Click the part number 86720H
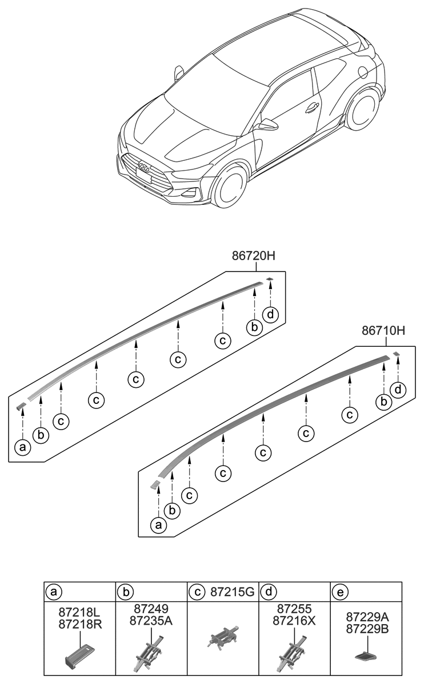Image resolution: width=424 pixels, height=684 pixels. pos(254,257)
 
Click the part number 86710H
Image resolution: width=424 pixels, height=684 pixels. pos(383,331)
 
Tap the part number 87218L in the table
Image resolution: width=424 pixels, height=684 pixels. pos(81,612)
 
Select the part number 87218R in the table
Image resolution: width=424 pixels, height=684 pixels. pos(81,624)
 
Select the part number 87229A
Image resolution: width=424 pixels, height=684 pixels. pos(367,617)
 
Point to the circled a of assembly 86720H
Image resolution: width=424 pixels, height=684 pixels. pos(22,448)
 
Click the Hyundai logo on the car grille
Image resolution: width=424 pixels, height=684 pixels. pos(145,167)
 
